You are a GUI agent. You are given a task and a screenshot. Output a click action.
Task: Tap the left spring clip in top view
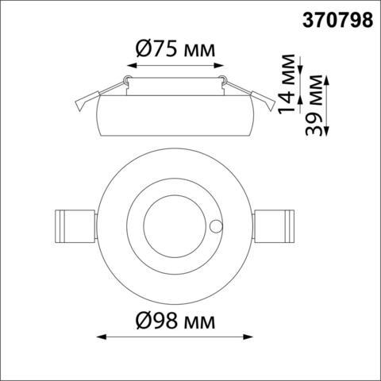click(x=75, y=225)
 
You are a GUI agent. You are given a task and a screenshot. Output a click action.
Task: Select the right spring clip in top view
click(x=274, y=225)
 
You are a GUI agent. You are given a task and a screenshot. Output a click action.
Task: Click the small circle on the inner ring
click(x=216, y=226)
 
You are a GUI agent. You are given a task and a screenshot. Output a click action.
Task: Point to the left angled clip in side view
click(x=85, y=100)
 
